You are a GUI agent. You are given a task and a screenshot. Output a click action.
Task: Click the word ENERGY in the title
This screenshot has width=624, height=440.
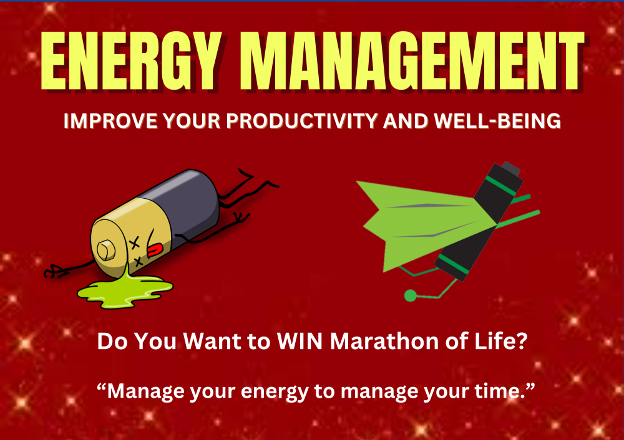click(x=131, y=61)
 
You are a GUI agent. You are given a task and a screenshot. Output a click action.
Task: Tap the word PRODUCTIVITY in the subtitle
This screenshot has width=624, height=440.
click(x=301, y=121)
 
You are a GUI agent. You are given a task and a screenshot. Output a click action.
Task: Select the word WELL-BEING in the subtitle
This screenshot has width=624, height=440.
click(x=497, y=121)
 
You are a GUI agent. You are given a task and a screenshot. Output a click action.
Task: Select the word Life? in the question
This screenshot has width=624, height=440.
click(x=502, y=341)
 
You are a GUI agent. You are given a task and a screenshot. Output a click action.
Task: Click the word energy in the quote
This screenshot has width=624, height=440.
click(x=275, y=392)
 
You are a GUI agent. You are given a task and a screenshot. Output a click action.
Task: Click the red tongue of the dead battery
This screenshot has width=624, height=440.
click(x=155, y=249)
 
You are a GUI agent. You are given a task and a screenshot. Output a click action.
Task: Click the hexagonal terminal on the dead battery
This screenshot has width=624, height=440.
click(x=106, y=251)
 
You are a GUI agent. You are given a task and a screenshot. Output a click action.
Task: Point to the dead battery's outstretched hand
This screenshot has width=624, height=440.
click(x=54, y=272)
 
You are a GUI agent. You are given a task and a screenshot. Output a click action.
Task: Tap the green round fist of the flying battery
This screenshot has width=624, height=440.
click(x=411, y=295)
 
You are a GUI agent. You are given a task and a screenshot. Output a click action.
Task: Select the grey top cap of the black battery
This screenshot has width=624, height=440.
click(x=511, y=168)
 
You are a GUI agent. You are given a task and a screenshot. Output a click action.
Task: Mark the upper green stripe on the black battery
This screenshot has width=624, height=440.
click(x=500, y=186)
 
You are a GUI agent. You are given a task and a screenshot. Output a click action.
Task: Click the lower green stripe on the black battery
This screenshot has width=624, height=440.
click(x=453, y=264)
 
